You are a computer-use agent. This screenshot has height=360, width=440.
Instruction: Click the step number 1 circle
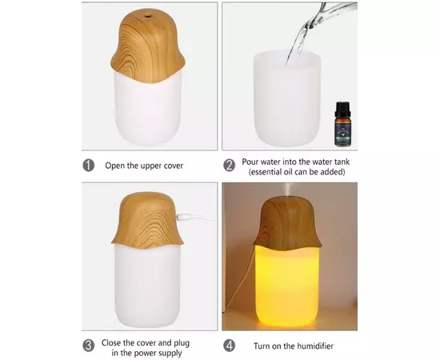coord(88,166)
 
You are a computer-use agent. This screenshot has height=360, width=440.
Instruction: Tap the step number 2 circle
coord(229,166)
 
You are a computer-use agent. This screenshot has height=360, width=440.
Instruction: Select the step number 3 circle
coord(88,346)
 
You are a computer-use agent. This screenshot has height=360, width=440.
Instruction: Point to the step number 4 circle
coord(229,346)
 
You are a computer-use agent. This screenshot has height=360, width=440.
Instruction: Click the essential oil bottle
coord(342,124)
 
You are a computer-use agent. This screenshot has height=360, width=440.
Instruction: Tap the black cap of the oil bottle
coord(342,107)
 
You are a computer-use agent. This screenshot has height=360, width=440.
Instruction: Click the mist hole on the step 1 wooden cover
coord(146,14)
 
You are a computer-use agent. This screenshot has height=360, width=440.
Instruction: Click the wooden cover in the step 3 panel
coord(147,220)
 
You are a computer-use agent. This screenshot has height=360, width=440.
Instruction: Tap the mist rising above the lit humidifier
coord(288,190)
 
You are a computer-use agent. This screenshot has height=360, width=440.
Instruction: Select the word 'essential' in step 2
coord(266,172)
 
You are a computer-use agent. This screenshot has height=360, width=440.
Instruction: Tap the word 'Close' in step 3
coord(111,343)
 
